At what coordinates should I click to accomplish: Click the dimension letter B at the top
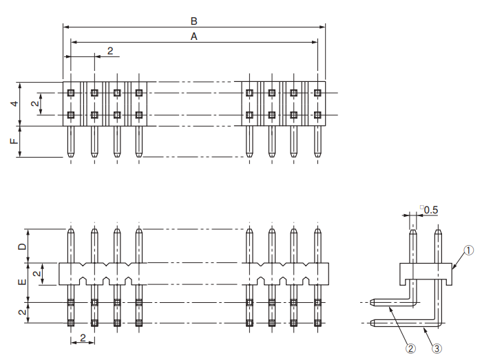coord(194,21)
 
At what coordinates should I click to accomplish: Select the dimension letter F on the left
coord(13,142)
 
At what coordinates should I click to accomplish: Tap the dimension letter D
coord(22,246)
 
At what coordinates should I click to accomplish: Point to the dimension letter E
coord(22,282)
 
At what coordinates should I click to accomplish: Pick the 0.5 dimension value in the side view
coord(431,209)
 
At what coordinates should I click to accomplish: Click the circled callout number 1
coord(468,251)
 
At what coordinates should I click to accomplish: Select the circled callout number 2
coord(411,348)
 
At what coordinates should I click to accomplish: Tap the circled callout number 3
coord(436,348)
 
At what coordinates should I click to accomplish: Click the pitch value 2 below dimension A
coord(110,52)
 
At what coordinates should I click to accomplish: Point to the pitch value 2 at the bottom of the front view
coord(83,337)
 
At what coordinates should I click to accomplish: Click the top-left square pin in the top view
coord(71,92)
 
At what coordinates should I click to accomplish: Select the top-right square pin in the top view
coord(317,92)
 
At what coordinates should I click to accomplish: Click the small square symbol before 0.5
coord(421,206)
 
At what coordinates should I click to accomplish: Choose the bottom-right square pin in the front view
coord(317,322)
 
